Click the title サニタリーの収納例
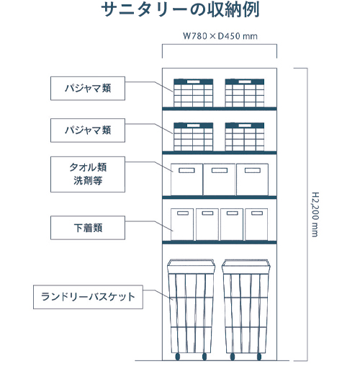click(180, 10)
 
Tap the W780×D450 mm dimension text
click(220, 36)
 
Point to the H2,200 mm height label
click(315, 214)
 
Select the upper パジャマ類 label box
click(88, 88)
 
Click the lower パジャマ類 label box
click(88, 130)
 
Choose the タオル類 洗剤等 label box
click(88, 174)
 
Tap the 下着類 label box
click(88, 228)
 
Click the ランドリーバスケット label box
click(88, 297)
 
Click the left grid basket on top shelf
click(193, 93)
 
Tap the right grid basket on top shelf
click(245, 93)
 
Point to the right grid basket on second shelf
click(245, 137)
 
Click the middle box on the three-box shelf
click(220, 179)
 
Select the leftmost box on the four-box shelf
click(182, 224)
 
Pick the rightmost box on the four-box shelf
click(256, 224)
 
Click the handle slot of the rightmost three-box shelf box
click(253, 170)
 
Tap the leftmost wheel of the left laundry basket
click(177, 357)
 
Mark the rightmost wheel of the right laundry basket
click(259, 357)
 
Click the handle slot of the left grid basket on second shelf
click(193, 125)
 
